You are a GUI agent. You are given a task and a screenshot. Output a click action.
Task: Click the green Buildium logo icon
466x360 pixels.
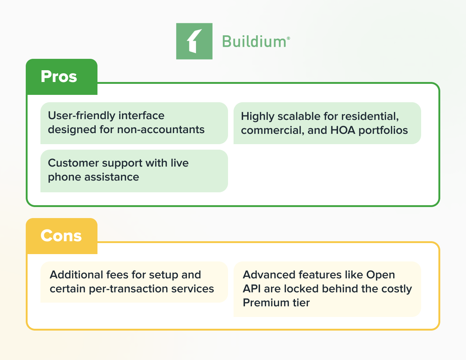point(194,41)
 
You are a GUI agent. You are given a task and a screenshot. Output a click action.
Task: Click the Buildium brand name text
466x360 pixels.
point(254,42)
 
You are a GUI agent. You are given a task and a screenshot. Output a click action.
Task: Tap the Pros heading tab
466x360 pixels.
point(62,76)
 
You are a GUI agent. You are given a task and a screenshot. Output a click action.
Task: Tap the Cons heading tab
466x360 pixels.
point(62,236)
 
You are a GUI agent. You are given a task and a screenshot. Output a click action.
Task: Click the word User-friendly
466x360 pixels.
point(82,116)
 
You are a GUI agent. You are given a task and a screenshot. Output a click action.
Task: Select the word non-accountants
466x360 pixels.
point(161,130)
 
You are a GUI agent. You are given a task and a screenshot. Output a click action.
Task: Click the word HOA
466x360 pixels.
point(343,131)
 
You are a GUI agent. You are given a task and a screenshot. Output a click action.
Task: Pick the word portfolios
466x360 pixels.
point(383,131)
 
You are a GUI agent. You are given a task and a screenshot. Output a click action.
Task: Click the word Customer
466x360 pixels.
point(73,163)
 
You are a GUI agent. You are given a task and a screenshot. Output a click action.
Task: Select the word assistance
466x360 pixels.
point(112,177)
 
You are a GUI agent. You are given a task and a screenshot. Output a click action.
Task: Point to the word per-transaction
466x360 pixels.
point(128,289)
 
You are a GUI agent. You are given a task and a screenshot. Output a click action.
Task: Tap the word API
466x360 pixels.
point(252,289)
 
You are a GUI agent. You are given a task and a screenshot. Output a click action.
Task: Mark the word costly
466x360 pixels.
point(396,289)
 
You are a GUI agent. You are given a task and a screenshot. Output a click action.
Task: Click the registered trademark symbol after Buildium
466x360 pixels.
point(288,38)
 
